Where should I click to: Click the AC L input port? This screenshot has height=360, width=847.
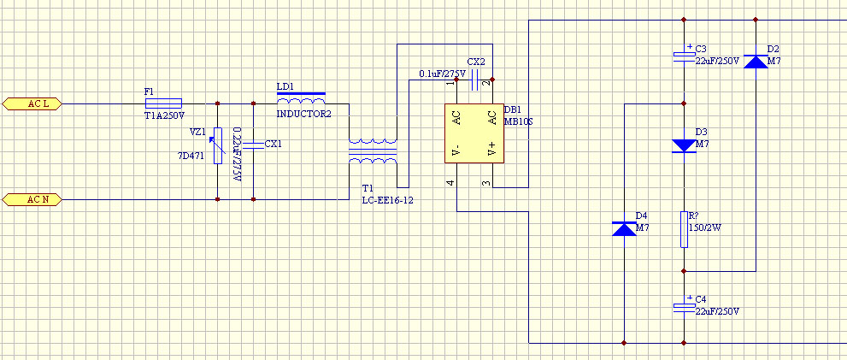tap(32, 103)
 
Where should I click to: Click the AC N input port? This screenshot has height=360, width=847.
tap(32, 200)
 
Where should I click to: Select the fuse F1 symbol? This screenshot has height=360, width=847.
tap(164, 103)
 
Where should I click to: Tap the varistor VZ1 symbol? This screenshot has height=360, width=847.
tap(218, 145)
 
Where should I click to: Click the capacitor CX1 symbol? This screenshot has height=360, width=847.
tap(253, 145)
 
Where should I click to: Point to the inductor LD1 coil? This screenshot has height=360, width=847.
tap(301, 99)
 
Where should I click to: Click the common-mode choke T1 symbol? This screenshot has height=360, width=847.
tap(373, 151)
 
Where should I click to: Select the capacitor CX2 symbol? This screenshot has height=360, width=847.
tap(475, 80)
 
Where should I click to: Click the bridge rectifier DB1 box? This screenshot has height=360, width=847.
tap(474, 133)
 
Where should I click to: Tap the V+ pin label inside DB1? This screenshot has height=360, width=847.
tap(491, 149)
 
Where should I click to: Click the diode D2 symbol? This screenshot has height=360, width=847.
tap(756, 61)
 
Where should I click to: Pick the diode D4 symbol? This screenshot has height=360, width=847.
tap(624, 228)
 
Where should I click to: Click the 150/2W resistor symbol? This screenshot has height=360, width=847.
tap(684, 230)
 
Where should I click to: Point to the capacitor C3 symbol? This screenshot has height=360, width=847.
tap(684, 55)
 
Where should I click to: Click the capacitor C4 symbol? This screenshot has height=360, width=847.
tap(684, 306)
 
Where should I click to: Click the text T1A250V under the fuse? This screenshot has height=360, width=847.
tap(165, 115)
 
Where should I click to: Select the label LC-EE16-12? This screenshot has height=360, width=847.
tap(388, 201)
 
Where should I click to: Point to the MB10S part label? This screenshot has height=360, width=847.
tap(519, 121)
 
